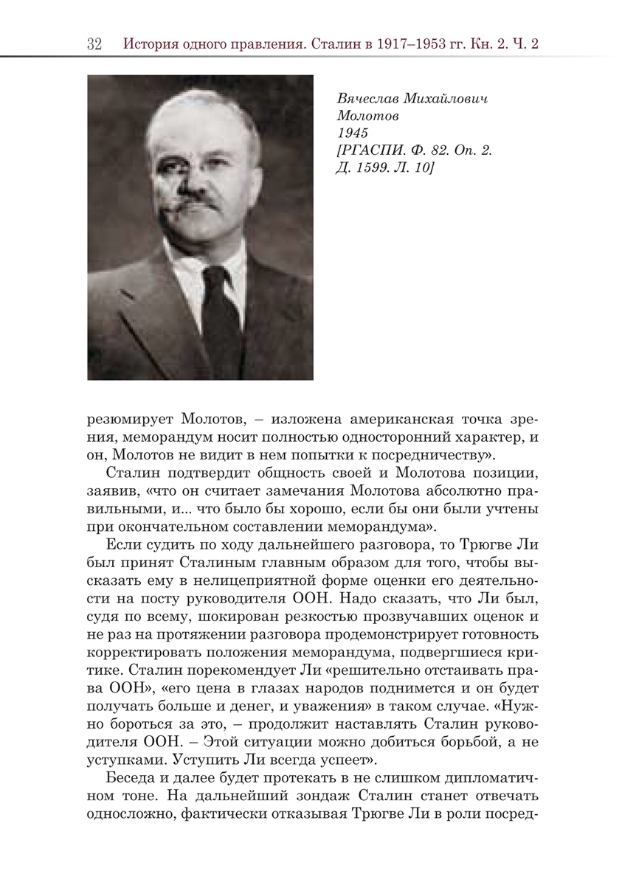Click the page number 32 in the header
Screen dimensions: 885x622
pos(94,44)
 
